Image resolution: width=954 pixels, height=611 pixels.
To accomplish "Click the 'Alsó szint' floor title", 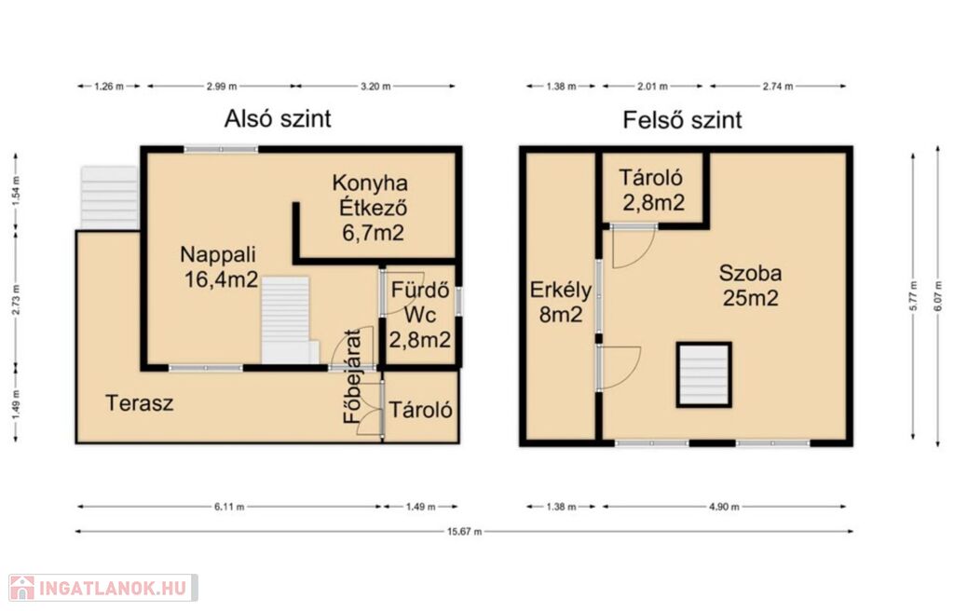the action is [x=278, y=118].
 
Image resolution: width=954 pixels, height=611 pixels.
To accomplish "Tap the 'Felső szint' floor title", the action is [x=682, y=119].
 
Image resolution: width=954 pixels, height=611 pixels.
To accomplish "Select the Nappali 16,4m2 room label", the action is [x=219, y=266].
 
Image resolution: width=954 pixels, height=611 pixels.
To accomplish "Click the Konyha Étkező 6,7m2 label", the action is [x=371, y=208].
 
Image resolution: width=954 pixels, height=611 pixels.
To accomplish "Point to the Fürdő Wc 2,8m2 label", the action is [x=420, y=314].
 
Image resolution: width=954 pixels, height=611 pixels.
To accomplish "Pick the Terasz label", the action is [x=140, y=403].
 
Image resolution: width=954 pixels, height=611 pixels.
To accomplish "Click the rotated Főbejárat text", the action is [x=352, y=376].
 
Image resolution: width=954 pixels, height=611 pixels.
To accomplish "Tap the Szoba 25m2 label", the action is [x=750, y=285].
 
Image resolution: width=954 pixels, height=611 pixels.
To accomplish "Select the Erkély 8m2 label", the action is [x=560, y=302].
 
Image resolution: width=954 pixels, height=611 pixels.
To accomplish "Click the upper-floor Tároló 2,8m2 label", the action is [x=652, y=190].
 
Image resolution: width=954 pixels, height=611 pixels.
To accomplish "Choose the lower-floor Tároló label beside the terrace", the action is [x=420, y=410].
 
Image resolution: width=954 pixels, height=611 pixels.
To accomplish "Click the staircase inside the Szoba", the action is [x=704, y=374].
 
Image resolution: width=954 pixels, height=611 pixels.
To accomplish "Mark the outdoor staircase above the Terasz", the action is [x=110, y=197].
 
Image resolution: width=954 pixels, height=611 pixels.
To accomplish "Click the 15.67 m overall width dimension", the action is [x=464, y=531].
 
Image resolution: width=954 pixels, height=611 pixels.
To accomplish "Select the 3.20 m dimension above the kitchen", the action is [x=375, y=87].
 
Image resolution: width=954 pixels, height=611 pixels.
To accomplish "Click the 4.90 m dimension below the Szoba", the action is [x=724, y=507].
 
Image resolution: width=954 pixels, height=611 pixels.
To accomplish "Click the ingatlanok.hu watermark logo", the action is [x=102, y=588].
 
